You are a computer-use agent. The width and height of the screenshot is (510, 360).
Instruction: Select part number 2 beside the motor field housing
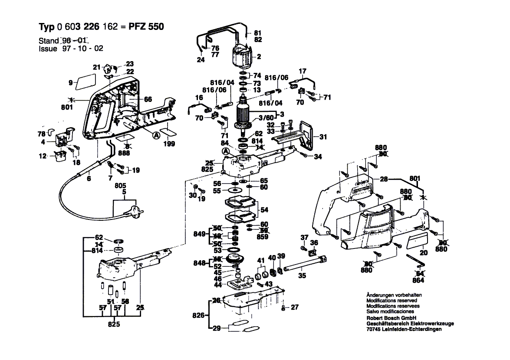[259, 56]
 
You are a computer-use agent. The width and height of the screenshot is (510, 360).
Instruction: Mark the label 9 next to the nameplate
[70, 82]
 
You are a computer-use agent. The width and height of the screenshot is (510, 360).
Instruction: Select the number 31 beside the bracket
[322, 137]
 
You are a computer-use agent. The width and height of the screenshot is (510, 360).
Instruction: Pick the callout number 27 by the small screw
[295, 308]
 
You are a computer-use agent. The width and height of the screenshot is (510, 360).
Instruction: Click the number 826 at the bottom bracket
[198, 315]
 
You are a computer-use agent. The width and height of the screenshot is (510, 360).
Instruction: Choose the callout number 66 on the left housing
[148, 99]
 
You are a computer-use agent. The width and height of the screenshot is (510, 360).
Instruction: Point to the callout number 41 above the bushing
[260, 261]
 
